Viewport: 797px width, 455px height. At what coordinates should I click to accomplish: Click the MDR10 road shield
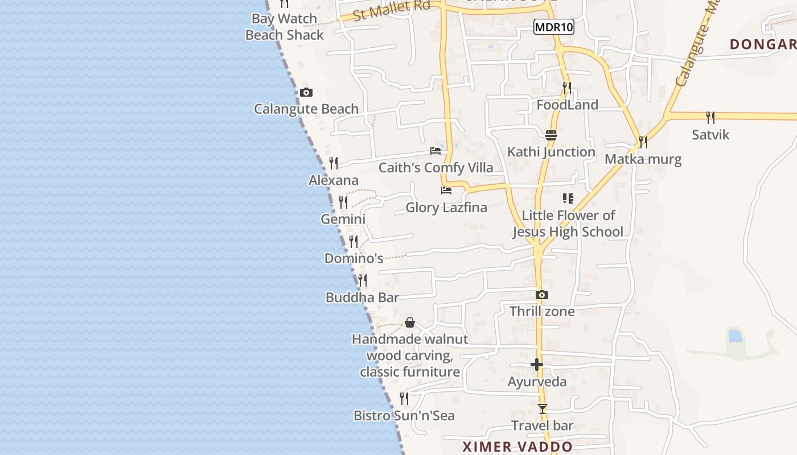coord(553,27)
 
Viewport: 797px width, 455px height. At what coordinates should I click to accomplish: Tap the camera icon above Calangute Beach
coord(306,92)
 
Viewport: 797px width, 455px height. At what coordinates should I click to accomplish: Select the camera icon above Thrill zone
coord(542,295)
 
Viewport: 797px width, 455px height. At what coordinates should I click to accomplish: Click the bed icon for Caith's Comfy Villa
coord(436,151)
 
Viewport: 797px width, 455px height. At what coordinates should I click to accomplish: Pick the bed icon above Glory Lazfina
coord(446,191)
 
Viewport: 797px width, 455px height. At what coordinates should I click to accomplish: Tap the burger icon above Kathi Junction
coord(550,135)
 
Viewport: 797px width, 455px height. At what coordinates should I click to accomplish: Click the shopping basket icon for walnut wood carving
coord(410,323)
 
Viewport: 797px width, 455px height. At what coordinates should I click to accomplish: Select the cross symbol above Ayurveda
coord(537,365)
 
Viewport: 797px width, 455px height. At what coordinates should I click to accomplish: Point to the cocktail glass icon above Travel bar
coord(542,409)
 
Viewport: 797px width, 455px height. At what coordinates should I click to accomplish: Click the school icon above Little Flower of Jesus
coord(568,198)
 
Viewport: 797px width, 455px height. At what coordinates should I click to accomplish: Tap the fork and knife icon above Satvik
coord(710,118)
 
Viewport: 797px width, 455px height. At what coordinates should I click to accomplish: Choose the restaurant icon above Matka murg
coord(643,142)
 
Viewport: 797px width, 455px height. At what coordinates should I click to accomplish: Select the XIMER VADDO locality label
coord(517,446)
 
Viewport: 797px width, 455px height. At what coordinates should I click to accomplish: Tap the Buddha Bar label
coord(362,297)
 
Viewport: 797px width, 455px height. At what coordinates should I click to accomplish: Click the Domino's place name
coord(354,258)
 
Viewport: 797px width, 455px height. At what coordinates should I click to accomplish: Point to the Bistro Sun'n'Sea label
coord(404,416)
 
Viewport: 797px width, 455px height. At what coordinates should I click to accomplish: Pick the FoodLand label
coord(567,105)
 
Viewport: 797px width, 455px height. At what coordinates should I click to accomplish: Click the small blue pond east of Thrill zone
coord(735,336)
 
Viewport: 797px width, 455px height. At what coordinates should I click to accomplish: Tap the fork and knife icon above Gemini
coord(343,202)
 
